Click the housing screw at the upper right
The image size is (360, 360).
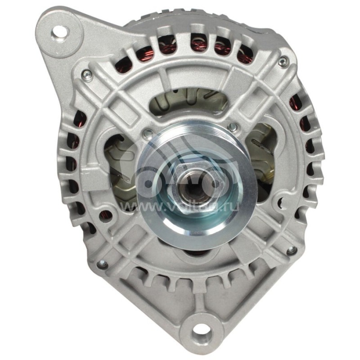coord(283,62)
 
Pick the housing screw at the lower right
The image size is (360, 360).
coord(292,249)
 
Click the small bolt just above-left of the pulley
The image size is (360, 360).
coord(148,133)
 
